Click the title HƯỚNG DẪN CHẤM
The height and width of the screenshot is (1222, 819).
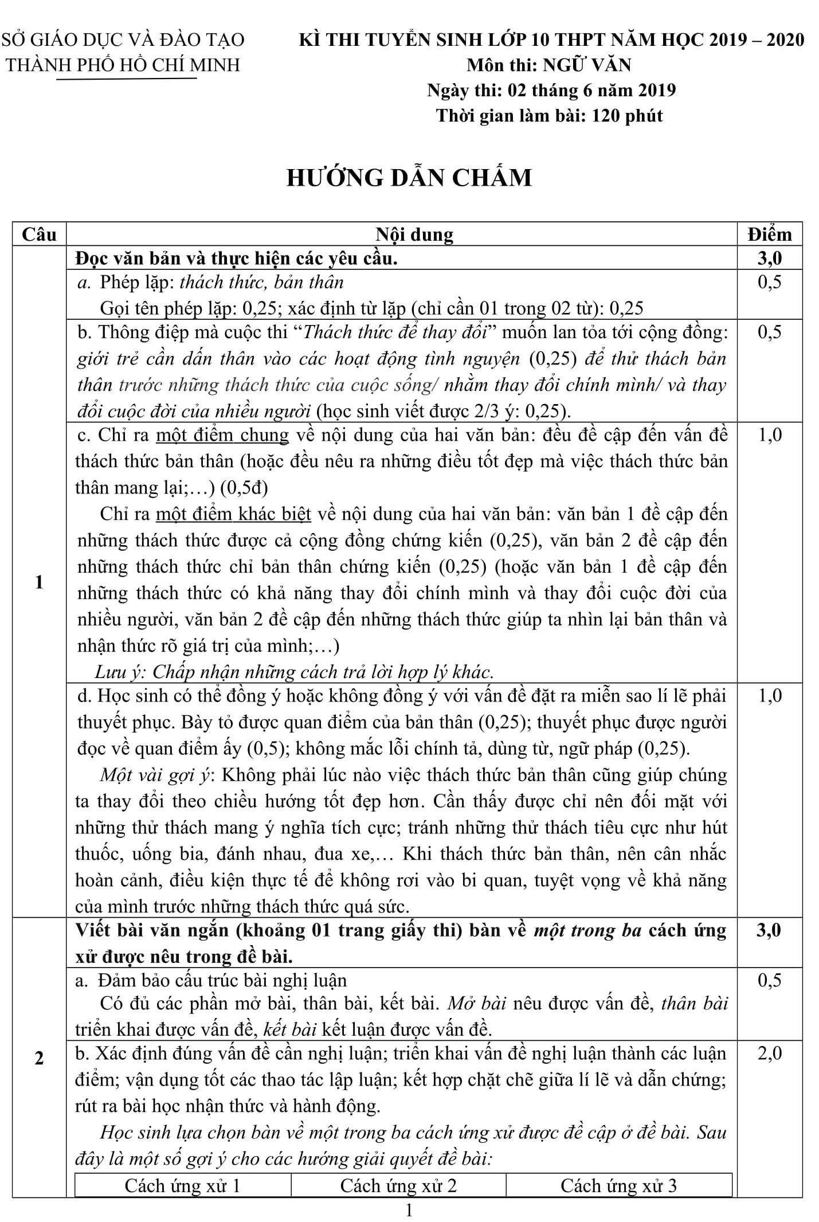coord(409,178)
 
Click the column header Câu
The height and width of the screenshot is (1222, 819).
coord(39,234)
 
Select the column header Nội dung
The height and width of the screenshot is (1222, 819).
coord(414,234)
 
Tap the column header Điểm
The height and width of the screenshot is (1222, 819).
coord(769,234)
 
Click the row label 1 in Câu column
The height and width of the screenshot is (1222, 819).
coord(39,582)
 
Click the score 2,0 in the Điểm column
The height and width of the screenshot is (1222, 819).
coord(769,1053)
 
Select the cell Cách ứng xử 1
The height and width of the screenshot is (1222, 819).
coord(182,1185)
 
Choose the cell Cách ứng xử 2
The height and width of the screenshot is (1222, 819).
coord(398,1185)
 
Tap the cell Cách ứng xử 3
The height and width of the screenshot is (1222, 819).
coord(618,1185)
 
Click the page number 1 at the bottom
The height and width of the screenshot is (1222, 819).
coord(409,1211)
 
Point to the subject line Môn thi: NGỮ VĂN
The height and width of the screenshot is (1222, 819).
coord(549,65)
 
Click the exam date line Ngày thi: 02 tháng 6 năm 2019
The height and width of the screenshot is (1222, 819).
coord(551,90)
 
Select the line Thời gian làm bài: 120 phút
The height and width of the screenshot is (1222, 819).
coord(549,116)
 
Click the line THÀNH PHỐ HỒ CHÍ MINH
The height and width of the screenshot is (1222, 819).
coord(123,65)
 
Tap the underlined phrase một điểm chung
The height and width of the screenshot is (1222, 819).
coord(222,435)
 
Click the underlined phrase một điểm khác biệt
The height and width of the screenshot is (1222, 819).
coord(233,514)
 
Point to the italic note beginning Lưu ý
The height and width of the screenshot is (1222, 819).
coord(294,671)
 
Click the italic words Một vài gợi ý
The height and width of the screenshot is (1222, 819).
coord(156,775)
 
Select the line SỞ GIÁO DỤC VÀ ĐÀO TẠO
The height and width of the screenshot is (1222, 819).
coord(123,40)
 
